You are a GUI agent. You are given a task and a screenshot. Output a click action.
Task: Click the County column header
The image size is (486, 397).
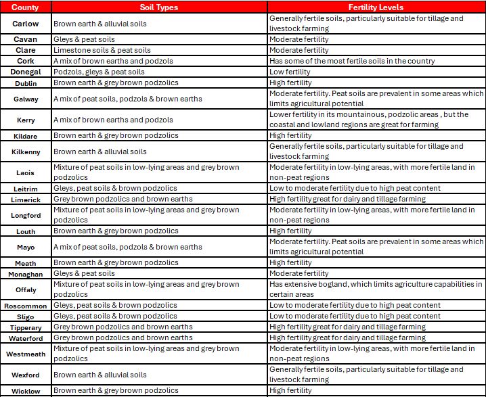pyautogui.click(x=26, y=7)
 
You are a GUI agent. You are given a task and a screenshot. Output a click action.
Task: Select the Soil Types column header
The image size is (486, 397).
pyautogui.click(x=160, y=7)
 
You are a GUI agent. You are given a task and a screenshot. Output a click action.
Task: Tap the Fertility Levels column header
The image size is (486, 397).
pyautogui.click(x=376, y=7)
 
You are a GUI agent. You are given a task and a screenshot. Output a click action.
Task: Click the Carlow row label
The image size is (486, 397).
pyautogui.click(x=26, y=24)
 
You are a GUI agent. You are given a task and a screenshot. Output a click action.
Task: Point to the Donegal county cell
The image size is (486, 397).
pyautogui.click(x=26, y=72)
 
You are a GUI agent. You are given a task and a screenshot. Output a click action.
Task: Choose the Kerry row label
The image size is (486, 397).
pyautogui.click(x=26, y=120)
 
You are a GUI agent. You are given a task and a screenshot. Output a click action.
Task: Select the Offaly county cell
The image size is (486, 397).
pyautogui.click(x=26, y=289)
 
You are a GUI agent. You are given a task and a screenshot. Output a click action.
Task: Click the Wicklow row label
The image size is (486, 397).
pyautogui.click(x=26, y=391)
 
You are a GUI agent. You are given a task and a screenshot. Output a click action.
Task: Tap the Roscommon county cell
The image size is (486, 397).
pyautogui.click(x=26, y=306)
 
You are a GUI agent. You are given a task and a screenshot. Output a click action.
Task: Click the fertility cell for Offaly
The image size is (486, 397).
pyautogui.click(x=376, y=289)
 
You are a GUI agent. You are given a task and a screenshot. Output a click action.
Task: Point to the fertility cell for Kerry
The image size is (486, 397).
pyautogui.click(x=376, y=120)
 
